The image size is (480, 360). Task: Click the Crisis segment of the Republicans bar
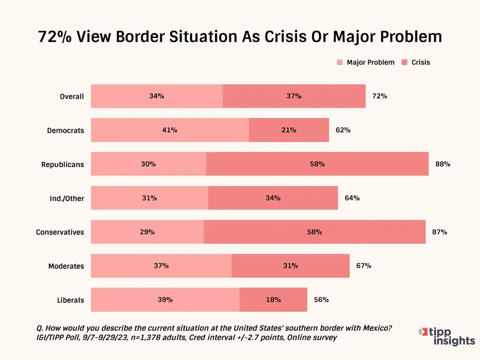(x=317, y=164)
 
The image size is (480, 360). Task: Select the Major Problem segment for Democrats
(x=170, y=130)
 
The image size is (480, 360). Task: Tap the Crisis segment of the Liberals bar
(x=273, y=300)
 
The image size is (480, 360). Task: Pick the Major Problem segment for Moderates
(x=161, y=266)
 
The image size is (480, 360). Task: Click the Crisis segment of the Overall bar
(x=294, y=96)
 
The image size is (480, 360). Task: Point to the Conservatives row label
(x=60, y=232)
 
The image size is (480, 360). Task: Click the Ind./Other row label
(x=67, y=198)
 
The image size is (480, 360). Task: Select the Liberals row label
(x=71, y=300)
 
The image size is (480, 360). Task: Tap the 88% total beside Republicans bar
(x=443, y=164)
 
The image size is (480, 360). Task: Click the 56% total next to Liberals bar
(x=321, y=300)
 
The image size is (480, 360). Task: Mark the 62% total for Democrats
(x=343, y=130)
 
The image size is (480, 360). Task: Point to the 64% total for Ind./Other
(x=352, y=198)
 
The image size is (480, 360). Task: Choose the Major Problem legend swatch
(x=340, y=62)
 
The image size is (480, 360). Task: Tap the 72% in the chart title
(x=55, y=37)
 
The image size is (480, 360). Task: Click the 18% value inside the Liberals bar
(x=273, y=300)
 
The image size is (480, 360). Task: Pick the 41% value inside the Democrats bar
(x=170, y=130)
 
